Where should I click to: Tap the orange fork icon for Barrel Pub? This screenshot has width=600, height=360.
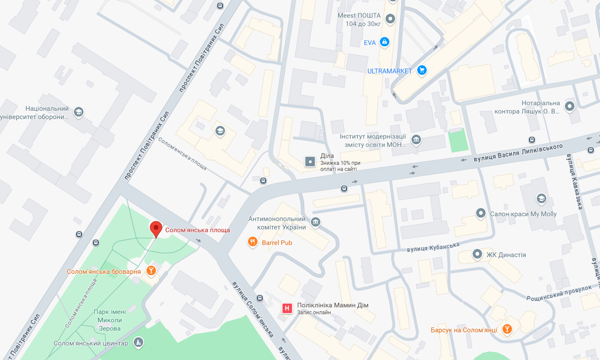(x=252, y=242)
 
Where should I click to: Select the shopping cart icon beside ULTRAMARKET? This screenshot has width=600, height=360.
(x=422, y=70)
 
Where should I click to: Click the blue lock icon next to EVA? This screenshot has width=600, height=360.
(x=385, y=42)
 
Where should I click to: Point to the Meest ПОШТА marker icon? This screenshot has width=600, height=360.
(x=390, y=19)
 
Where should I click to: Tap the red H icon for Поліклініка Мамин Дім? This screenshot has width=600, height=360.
(x=287, y=309)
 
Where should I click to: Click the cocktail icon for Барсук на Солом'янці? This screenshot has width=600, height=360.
(x=507, y=329)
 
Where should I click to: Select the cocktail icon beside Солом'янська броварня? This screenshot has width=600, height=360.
(x=151, y=271)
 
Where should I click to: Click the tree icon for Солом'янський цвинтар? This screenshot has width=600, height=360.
(x=138, y=343)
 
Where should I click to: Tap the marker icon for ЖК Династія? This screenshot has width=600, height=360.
(x=477, y=255)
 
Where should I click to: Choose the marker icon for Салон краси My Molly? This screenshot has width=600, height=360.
(x=481, y=214)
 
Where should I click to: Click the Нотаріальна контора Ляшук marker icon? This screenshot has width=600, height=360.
(x=570, y=106)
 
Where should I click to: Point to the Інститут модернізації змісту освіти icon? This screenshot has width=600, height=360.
(x=416, y=140)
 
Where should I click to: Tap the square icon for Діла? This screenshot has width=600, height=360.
(x=310, y=162)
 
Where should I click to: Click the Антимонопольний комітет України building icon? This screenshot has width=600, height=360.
(x=315, y=222)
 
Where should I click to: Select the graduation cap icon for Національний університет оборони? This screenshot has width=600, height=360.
(x=79, y=112)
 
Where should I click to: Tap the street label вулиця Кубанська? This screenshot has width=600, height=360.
(x=433, y=247)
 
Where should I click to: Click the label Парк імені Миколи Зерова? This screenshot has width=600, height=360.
(x=109, y=320)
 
